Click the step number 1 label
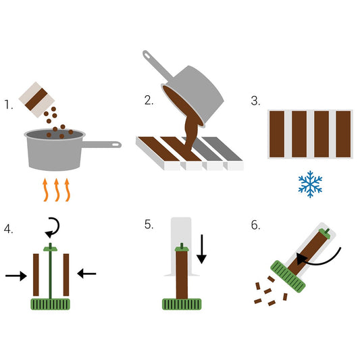(x=8, y=105)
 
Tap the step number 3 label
(x=255, y=101)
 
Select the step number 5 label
(x=149, y=225)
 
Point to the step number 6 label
(x=255, y=225)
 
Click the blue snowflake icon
(x=310, y=184)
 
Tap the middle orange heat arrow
(x=57, y=190)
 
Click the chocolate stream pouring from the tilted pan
(x=190, y=132)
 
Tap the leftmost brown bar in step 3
(x=278, y=133)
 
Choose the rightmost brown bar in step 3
(x=344, y=133)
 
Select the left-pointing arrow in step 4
(x=86, y=273)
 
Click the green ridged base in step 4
(x=50, y=304)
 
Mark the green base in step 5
(x=182, y=304)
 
